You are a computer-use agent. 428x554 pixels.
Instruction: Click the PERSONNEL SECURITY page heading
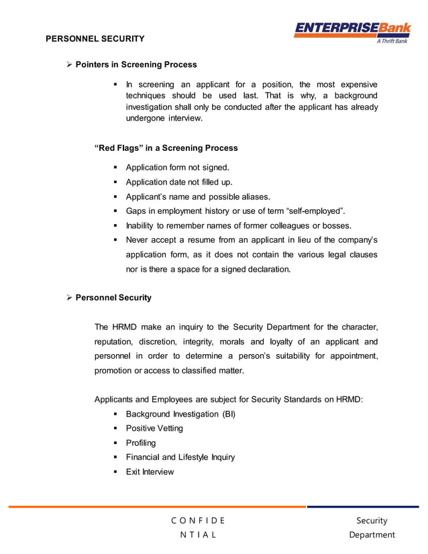point(95,38)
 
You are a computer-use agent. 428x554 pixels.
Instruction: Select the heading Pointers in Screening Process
point(136,64)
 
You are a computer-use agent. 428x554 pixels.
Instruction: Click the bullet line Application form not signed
point(177,168)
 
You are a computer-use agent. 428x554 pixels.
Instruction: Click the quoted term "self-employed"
point(315,211)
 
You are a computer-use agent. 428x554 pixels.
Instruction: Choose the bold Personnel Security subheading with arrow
point(113,297)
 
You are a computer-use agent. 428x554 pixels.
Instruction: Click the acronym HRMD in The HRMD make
point(124,327)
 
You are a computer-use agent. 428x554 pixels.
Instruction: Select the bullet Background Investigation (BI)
point(180,414)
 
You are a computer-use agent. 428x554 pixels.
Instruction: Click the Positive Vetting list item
point(154,429)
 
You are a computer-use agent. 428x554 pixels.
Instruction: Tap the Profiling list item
point(140,443)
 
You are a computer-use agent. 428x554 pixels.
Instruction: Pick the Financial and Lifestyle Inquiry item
point(180,457)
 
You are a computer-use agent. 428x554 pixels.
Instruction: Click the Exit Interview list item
point(150,472)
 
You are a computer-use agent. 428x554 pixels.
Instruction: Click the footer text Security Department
point(372,527)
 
